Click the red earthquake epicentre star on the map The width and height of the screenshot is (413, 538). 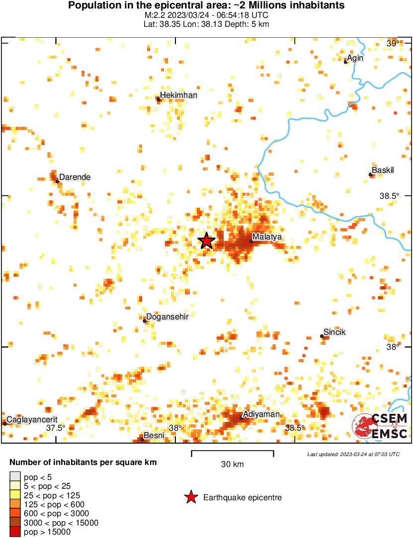(207, 240)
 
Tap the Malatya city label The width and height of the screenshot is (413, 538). (267, 237)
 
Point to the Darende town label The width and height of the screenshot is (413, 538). (75, 177)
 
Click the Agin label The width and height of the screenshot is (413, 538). (355, 58)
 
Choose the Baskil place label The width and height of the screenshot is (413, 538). (383, 170)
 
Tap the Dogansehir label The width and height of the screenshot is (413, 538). (167, 316)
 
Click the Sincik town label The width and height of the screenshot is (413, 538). (334, 332)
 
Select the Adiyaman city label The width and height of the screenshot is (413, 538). (261, 414)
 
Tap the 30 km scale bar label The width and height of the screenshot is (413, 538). (232, 464)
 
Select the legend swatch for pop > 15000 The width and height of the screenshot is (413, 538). (15, 532)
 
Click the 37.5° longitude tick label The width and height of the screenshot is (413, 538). (56, 428)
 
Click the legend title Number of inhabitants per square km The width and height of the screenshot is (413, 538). (83, 462)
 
